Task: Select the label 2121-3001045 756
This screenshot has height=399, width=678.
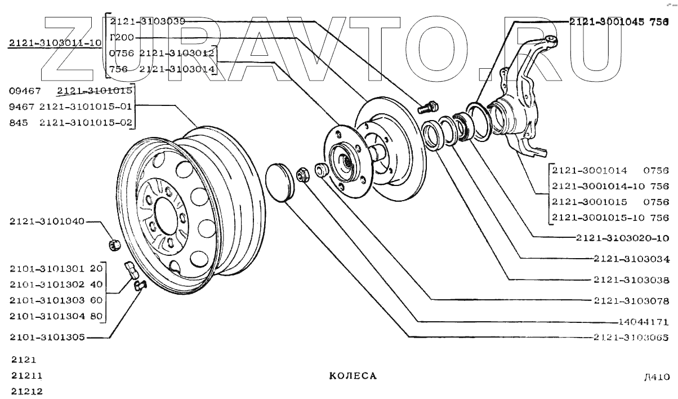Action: coord(618,22)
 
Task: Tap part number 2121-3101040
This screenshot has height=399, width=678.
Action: coord(46,222)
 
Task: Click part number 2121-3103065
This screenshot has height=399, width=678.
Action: coord(631,338)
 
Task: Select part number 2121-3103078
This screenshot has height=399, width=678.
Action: coord(631,300)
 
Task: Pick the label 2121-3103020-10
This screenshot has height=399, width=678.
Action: coord(622,238)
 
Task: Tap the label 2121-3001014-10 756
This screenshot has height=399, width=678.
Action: coord(610,186)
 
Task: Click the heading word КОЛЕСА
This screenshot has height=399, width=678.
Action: coord(353,376)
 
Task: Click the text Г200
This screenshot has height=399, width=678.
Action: coord(122,38)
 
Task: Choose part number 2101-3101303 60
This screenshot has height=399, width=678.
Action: coord(56,300)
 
